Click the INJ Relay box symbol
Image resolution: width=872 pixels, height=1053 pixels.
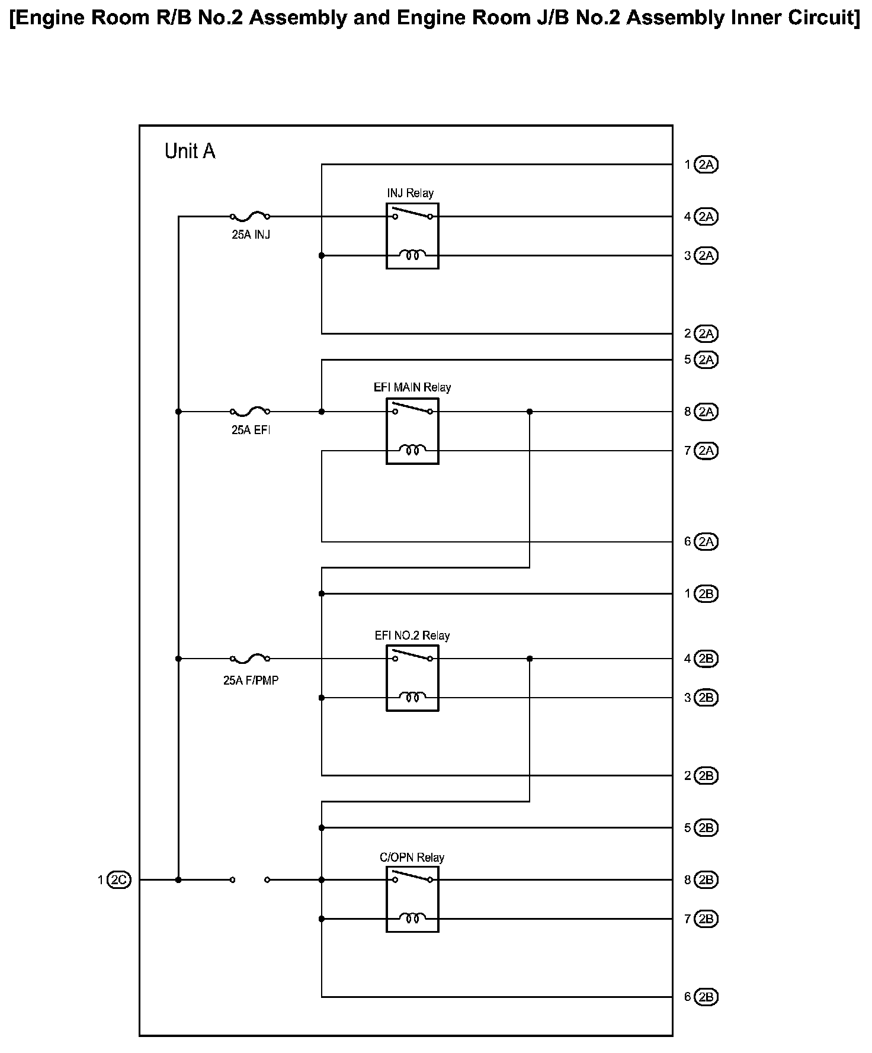tap(412, 236)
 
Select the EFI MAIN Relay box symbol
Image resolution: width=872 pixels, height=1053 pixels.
tap(412, 431)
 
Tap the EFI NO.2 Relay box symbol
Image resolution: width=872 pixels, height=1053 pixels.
tap(412, 678)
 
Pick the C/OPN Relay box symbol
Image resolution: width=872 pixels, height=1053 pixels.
tap(412, 899)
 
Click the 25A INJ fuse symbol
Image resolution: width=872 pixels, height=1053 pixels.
tap(250, 217)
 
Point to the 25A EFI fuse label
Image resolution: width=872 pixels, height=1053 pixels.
tap(251, 431)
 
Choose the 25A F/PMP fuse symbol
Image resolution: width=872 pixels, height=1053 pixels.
tap(250, 658)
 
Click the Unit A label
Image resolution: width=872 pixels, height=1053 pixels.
tap(190, 152)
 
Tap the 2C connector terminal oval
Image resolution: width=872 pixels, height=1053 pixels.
tap(119, 880)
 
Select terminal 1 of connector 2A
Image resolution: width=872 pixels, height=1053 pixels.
tap(706, 165)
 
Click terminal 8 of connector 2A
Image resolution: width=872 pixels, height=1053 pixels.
tap(706, 412)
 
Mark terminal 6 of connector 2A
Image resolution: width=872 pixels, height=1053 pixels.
tap(706, 542)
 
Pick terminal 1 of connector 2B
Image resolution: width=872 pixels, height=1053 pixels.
tap(706, 593)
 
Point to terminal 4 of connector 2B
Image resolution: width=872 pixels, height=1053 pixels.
tap(706, 659)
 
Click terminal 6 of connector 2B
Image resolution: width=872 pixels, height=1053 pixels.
tap(706, 997)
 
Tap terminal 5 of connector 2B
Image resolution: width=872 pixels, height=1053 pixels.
tap(706, 828)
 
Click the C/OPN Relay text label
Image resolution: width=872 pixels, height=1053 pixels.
tap(412, 858)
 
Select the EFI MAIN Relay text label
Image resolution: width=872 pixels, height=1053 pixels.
tap(412, 387)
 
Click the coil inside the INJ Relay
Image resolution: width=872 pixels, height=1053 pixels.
tap(412, 256)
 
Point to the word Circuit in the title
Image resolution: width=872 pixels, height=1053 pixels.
tap(821, 18)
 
